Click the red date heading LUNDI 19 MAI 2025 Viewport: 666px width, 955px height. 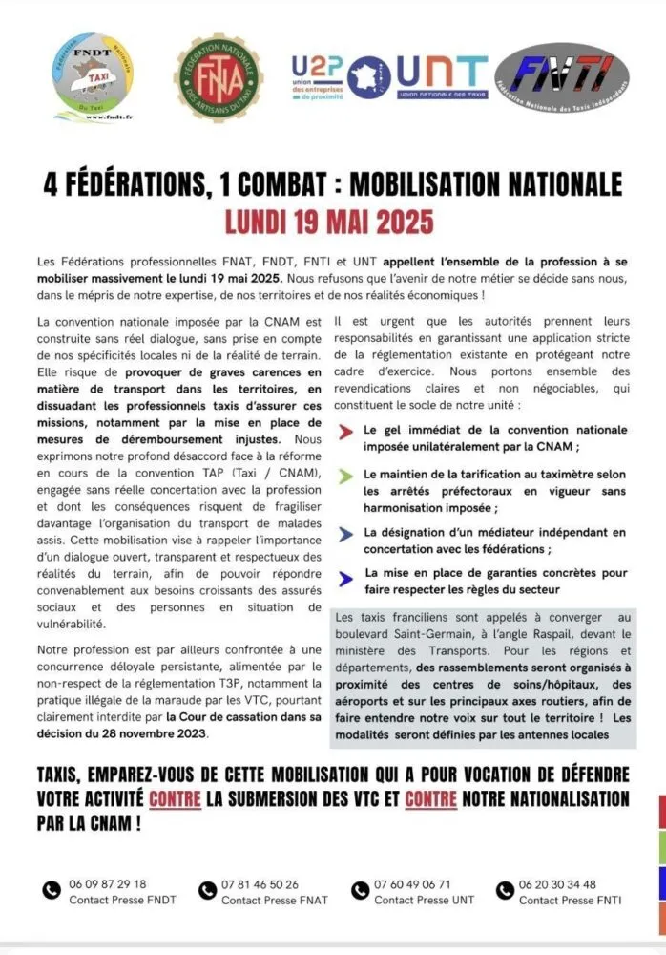pos(329,221)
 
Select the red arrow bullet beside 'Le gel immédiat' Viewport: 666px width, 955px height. pos(344,432)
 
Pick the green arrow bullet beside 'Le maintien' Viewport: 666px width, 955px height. pos(344,475)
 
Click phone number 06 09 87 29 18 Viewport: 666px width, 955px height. pos(108,883)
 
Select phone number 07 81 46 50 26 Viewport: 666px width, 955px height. pos(260,883)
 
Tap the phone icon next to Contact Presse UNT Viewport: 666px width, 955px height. pos(361,891)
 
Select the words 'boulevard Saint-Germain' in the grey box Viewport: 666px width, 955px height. pos(398,634)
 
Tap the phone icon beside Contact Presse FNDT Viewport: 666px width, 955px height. pos(52,891)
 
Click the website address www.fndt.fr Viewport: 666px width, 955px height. pos(92,117)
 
